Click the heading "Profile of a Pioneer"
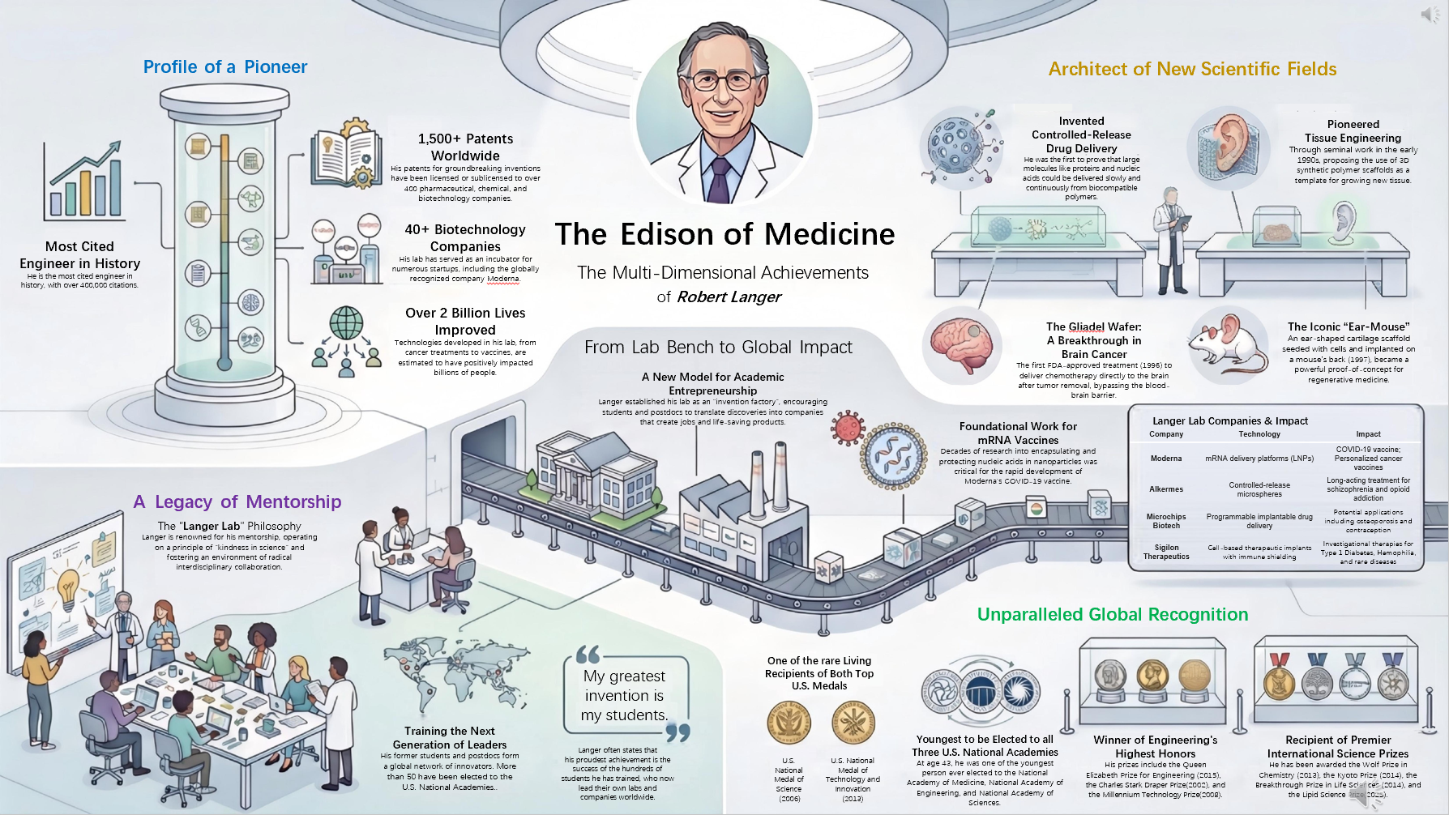[225, 67]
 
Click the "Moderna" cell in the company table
[1166, 459]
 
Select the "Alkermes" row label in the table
[1166, 489]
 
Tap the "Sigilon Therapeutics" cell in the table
[1166, 552]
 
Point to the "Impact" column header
[1368, 434]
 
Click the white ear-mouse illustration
[1227, 344]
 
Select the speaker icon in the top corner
[1429, 15]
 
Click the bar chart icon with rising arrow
[86, 180]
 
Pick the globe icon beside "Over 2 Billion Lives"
[346, 323]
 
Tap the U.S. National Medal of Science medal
[789, 721]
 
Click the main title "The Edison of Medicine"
[724, 234]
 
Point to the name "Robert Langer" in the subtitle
[729, 297]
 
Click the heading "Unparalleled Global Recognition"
[1112, 615]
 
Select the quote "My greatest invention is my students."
[625, 695]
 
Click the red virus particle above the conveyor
[848, 427]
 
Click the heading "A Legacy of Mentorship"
[237, 502]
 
